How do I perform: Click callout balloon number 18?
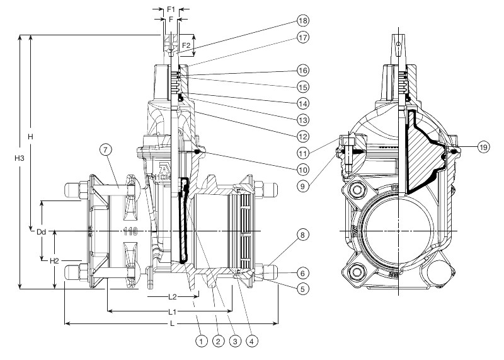302,21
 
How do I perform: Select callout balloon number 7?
106,149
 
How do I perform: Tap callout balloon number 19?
483,147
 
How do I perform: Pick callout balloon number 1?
201,341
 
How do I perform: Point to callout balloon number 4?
251,341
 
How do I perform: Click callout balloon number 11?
302,153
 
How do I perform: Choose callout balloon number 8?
302,235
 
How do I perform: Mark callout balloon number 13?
302,120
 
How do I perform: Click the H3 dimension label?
20,158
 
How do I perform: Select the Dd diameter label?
41,231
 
